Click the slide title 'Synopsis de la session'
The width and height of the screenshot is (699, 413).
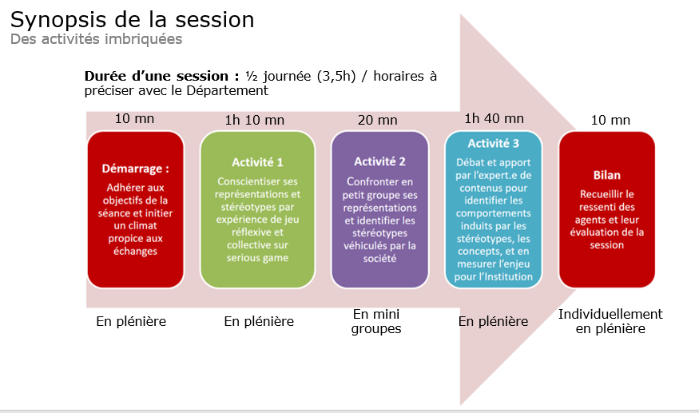pyautogui.click(x=132, y=21)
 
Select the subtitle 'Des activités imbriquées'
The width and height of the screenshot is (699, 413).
pyautogui.click(x=97, y=39)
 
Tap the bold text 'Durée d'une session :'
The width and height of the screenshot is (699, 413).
pyautogui.click(x=162, y=76)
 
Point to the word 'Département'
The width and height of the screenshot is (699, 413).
pyautogui.click(x=228, y=91)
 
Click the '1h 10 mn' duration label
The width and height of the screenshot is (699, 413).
pyautogui.click(x=255, y=120)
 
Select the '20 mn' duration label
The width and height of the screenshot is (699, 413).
pyautogui.click(x=378, y=120)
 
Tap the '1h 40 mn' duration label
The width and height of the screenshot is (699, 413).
pyautogui.click(x=494, y=119)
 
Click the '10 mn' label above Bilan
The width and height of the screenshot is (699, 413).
pyautogui.click(x=610, y=120)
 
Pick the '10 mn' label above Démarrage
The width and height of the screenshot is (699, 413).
pyautogui.click(x=135, y=119)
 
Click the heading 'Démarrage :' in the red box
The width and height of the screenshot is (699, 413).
pyautogui.click(x=136, y=169)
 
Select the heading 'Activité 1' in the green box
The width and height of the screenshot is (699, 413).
pyautogui.click(x=257, y=162)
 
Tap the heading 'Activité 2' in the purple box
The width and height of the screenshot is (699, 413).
pyautogui.click(x=379, y=161)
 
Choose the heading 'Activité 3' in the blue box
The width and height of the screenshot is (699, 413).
pyautogui.click(x=494, y=143)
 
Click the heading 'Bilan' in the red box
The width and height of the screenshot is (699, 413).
pyautogui.click(x=606, y=175)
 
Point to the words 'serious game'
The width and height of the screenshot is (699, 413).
pyautogui.click(x=257, y=258)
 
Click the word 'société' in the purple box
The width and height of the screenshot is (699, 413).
pyautogui.click(x=379, y=259)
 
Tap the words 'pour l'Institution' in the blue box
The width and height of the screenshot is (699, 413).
pyautogui.click(x=494, y=277)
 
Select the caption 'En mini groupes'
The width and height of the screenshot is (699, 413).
pyautogui.click(x=376, y=322)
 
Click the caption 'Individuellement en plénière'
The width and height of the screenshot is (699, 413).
pyautogui.click(x=610, y=322)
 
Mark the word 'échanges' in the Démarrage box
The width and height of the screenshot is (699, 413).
pyautogui.click(x=136, y=251)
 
